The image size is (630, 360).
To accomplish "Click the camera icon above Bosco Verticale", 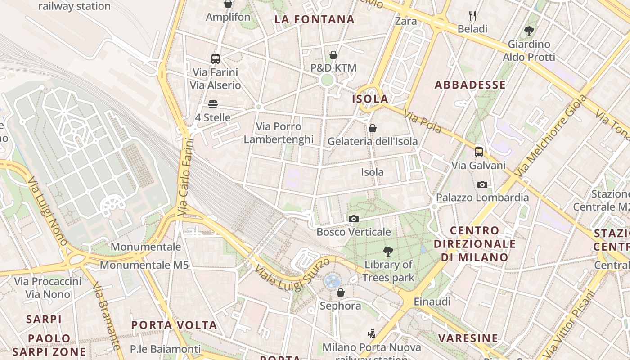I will tap(354, 219).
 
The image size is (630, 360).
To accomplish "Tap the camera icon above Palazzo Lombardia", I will tap(482, 184).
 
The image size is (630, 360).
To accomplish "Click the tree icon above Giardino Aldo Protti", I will tap(529, 31).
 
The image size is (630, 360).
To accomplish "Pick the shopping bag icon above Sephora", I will tap(341, 292).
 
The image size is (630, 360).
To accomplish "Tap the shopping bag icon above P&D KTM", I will tap(333, 55).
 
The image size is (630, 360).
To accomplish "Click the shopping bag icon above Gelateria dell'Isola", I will tap(373, 128).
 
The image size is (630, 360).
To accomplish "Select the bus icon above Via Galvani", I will tap(478, 152).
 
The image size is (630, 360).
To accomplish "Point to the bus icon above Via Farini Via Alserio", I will tap(215, 58).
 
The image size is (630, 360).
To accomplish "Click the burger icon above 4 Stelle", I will tap(213, 104).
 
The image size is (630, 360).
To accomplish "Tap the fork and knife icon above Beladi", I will tap(472, 16).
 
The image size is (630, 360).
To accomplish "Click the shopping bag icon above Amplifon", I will tap(228, 4).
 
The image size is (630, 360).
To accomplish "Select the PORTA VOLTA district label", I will tap(174, 325).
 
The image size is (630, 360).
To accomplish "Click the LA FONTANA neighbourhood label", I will tap(315, 19).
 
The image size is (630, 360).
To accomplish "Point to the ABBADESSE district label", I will tap(470, 85).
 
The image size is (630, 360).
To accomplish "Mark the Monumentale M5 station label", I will tap(144, 265).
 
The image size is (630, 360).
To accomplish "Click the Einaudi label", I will tap(432, 301).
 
